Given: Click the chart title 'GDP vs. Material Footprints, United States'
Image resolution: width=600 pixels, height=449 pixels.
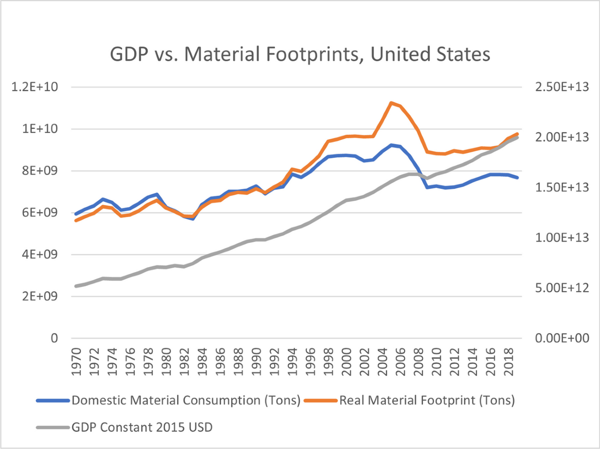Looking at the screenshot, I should tap(299, 54).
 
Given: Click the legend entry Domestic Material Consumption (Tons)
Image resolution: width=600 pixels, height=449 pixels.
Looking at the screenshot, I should tap(185, 400).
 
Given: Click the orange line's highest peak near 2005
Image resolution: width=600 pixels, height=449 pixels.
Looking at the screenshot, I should tap(391, 103).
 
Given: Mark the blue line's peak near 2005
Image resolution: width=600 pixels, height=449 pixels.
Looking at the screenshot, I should tap(391, 145).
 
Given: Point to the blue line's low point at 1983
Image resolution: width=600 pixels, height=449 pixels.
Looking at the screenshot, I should tap(193, 218).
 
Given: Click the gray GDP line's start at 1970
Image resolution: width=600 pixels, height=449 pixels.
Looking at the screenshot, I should tap(76, 286).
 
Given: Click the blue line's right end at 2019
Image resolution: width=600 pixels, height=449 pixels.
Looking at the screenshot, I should tap(517, 177).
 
